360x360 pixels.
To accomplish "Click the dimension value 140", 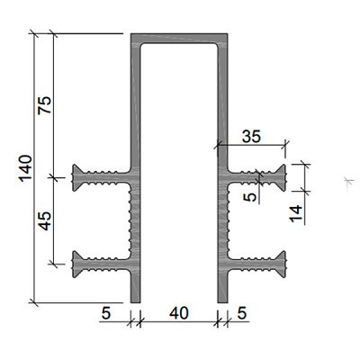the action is (x=25, y=168).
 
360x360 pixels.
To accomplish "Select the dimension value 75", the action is (x=45, y=105).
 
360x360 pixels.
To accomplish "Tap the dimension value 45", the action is (x=45, y=220).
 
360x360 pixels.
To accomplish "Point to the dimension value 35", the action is (x=252, y=137).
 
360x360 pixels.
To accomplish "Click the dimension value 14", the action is (x=296, y=213).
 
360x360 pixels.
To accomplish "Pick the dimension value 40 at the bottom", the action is (x=179, y=313).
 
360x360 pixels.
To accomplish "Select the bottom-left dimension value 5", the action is (x=106, y=313).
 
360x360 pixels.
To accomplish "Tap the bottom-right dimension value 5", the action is (x=241, y=313).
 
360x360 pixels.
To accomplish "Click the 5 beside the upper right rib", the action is (x=252, y=197).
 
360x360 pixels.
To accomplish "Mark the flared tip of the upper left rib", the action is (x=75, y=178).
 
